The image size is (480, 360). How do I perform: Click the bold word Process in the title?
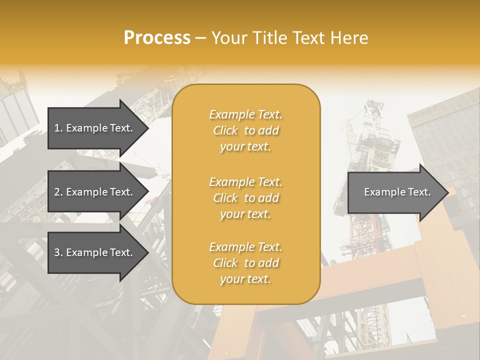[157, 38]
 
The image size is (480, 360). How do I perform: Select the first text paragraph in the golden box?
[245, 130]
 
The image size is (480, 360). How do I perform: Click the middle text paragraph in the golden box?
[245, 198]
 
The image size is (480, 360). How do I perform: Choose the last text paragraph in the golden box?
[245, 263]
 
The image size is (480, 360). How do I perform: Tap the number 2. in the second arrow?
[58, 192]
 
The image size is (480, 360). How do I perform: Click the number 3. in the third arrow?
[58, 252]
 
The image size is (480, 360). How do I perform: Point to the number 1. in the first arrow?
[58, 128]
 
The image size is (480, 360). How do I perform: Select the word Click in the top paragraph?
[225, 130]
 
